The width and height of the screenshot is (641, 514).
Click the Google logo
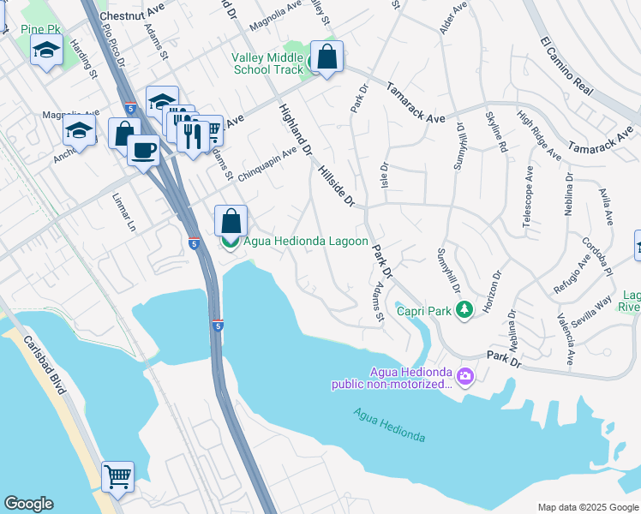28,504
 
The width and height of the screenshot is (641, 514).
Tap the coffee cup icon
143,150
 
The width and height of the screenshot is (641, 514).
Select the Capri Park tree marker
464,308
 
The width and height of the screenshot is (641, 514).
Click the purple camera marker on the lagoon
464,376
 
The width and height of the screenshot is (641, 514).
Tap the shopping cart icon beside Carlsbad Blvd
117,475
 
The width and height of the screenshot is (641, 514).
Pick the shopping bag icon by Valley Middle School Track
326,57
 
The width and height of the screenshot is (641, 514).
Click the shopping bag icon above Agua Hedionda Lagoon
231,220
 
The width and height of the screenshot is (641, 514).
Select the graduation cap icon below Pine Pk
47,51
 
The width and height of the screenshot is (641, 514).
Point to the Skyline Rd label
496,133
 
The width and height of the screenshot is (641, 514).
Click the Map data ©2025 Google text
587,507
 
